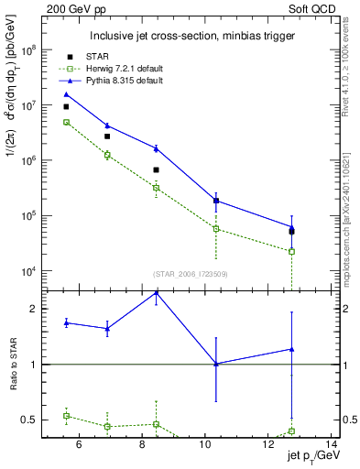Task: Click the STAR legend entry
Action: click(x=98, y=57)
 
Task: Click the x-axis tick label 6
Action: click(x=79, y=445)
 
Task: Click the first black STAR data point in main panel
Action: click(x=66, y=106)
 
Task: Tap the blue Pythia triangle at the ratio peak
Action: click(x=156, y=293)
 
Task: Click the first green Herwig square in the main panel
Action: click(x=66, y=122)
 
